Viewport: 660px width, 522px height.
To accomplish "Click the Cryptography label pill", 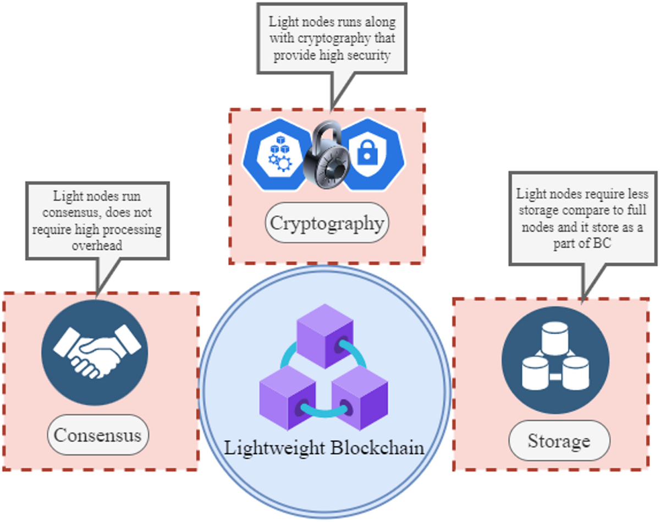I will coord(327,223).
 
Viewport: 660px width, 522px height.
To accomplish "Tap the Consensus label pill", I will coord(98,435).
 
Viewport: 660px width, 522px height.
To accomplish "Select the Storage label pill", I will coord(559,441).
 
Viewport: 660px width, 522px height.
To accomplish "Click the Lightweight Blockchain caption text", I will coord(324,447).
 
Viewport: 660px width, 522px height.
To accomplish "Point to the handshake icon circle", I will coord(95,353).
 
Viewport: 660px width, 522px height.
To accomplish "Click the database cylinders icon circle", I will coord(555,360).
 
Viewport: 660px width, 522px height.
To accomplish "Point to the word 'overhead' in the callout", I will coord(97,245).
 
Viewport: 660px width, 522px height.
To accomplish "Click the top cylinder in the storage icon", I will coord(555,337).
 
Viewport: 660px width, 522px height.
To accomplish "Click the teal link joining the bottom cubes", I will coord(324,414).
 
